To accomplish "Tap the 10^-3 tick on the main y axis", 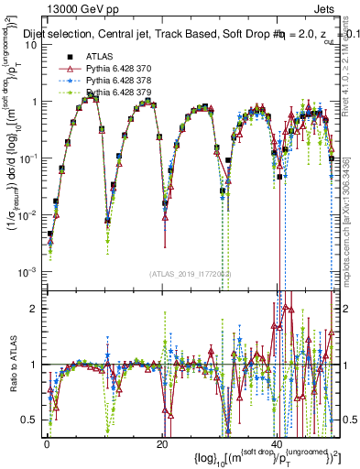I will coord(29,271).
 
